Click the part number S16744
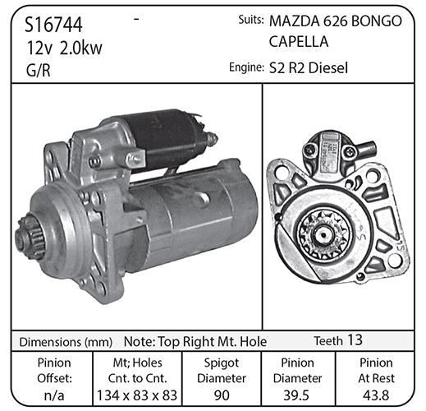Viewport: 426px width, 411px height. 53,25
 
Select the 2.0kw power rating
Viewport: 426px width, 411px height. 80,48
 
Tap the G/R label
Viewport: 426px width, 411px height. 39,70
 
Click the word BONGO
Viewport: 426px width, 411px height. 376,21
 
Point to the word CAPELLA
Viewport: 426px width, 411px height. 299,41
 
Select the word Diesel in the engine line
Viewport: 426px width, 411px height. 328,67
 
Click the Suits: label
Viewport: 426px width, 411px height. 251,20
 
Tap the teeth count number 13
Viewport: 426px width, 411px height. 355,339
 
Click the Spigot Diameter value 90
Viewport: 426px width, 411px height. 222,395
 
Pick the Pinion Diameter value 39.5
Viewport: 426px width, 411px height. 296,395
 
